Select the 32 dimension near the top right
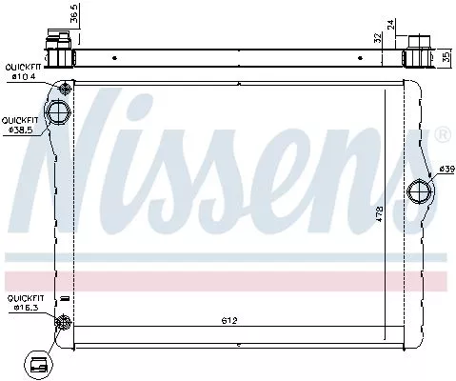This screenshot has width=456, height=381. coord(377,39)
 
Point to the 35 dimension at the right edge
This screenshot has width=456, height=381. coord(446,56)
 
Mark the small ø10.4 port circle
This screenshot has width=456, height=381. coord(64,90)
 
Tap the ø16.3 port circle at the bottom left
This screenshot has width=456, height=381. coord(63,322)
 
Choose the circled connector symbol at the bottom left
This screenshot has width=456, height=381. coord(40,362)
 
